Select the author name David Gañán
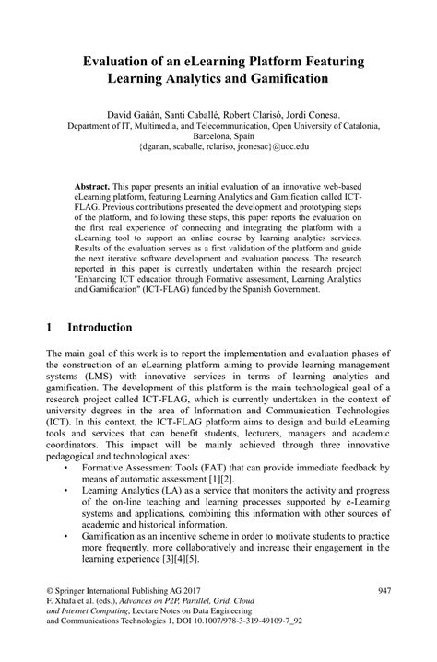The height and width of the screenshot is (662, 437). (136, 114)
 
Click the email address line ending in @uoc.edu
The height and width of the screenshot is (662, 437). (218, 145)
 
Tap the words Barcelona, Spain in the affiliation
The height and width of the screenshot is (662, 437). (218, 135)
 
